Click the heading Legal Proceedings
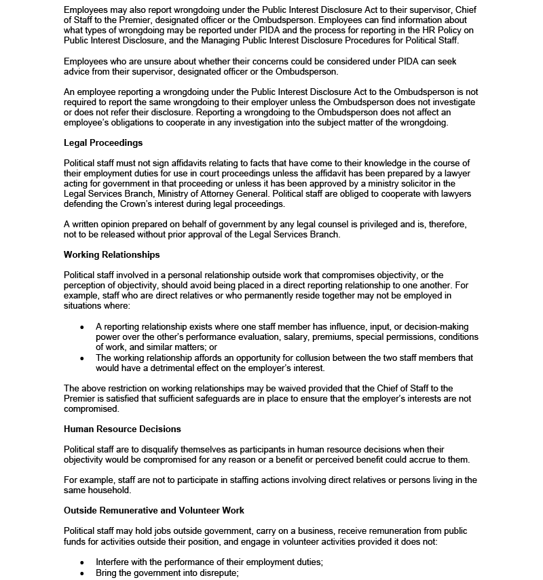click(103, 143)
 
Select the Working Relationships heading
click(112, 255)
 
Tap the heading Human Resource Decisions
click(122, 429)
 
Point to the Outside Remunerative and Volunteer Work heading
click(154, 510)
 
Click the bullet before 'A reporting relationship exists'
click(82, 327)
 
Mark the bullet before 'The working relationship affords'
click(82, 358)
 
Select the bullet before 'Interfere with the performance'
click(82, 562)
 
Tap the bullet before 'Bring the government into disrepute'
click(82, 573)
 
